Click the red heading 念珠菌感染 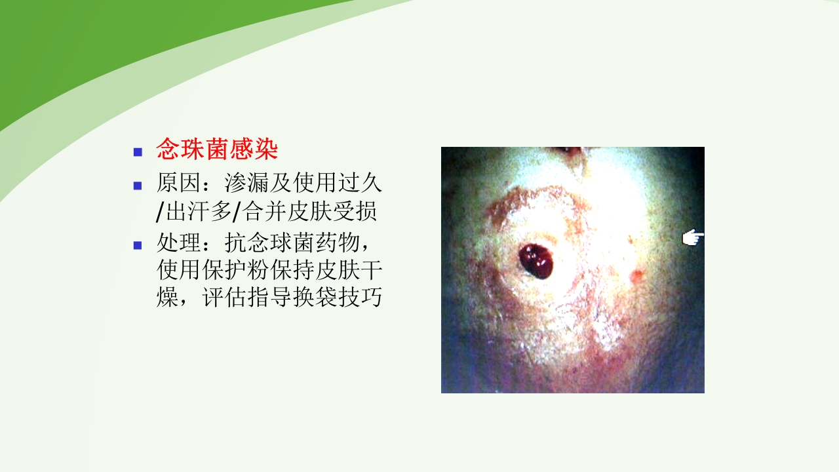217,150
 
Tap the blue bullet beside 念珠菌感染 138,152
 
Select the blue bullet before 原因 138,185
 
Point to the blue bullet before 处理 138,246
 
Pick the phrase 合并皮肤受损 309,212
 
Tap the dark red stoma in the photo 537,261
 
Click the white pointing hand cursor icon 692,238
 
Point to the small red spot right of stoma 634,275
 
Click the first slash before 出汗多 161,213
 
